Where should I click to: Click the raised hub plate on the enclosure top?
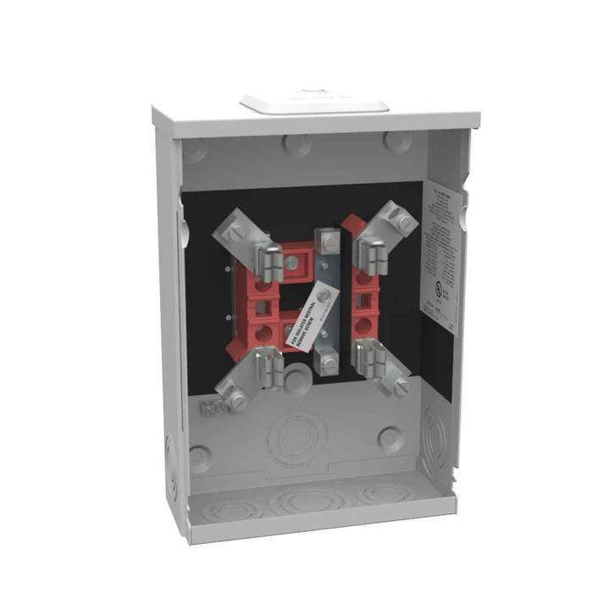[314, 104]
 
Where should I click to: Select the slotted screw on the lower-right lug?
[402, 386]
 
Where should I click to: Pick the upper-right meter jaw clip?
[369, 254]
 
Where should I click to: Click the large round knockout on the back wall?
[298, 434]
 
